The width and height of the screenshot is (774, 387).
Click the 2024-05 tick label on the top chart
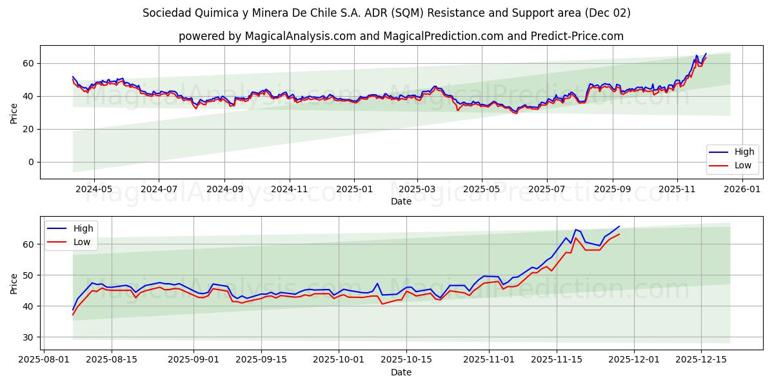coord(94,190)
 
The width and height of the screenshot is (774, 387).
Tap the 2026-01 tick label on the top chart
coord(742,190)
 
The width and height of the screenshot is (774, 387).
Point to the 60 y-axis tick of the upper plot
coord(29,63)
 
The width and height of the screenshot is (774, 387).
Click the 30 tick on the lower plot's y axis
coord(29,337)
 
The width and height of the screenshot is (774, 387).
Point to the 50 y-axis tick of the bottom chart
coord(29,275)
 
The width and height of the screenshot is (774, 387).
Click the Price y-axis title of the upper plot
coord(14,112)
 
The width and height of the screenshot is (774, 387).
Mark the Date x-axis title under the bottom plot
coord(401,372)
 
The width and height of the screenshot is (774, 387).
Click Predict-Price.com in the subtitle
coord(574,36)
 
